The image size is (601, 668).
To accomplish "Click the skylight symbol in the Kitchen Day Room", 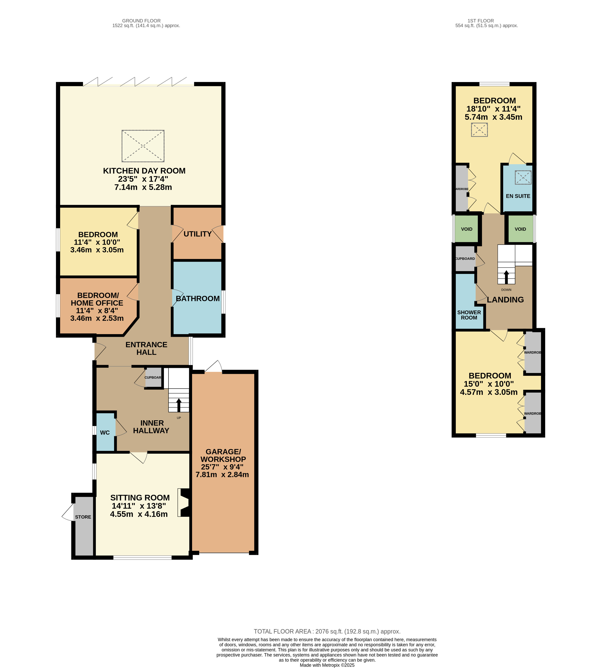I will (x=143, y=146).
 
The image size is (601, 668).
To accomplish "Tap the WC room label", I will (x=105, y=433).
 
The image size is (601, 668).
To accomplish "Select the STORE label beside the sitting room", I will (x=83, y=517).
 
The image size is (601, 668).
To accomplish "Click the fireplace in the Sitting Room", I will (x=184, y=503).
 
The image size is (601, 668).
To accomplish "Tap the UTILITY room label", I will (x=198, y=234).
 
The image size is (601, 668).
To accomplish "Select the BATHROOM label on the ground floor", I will (x=198, y=299).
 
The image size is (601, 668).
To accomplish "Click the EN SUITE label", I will (x=518, y=196).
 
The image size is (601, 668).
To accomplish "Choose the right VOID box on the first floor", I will (x=520, y=229).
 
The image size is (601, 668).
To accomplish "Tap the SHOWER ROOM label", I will (x=469, y=315).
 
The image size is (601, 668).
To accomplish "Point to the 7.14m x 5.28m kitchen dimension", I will (x=143, y=187).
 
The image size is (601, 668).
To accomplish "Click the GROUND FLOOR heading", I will (x=141, y=20).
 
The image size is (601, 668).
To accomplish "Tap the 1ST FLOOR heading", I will (x=481, y=20).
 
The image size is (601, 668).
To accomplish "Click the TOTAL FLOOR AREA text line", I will (x=327, y=631).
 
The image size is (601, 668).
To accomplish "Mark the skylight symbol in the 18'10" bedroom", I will (x=479, y=130).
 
